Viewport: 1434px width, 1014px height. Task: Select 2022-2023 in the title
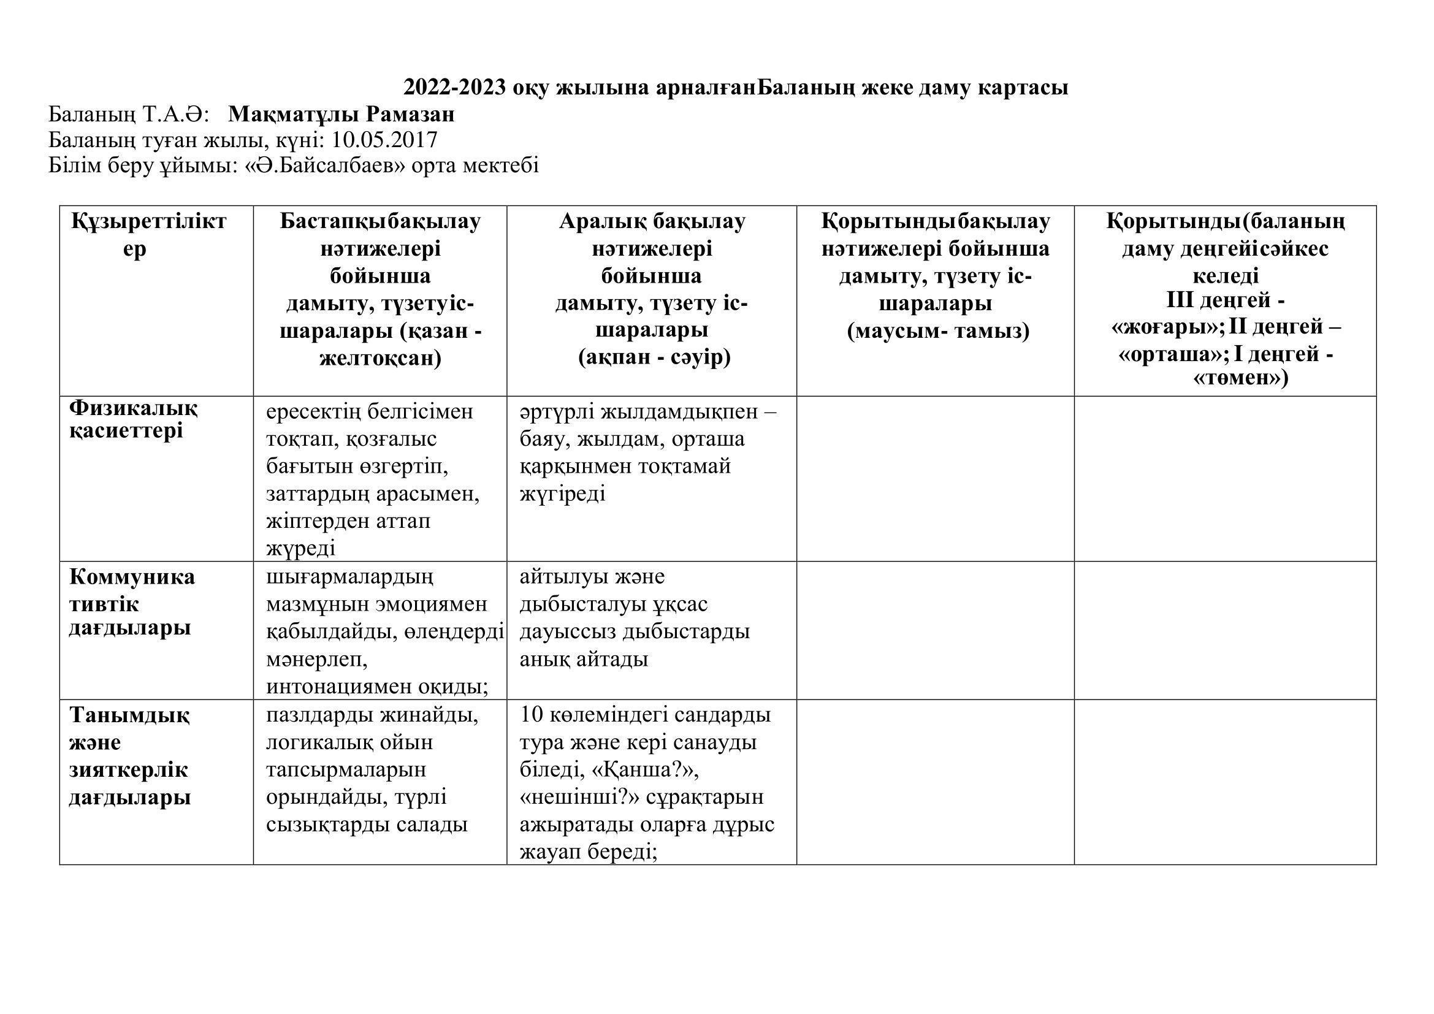pos(454,88)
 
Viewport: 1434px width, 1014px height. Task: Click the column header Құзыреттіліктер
pos(148,234)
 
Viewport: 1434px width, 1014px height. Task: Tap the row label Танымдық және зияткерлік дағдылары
pos(129,755)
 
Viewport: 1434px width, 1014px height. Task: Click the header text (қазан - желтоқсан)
pos(380,345)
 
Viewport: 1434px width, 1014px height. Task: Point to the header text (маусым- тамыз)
pos(938,331)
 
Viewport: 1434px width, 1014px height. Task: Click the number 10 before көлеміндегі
pos(532,714)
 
